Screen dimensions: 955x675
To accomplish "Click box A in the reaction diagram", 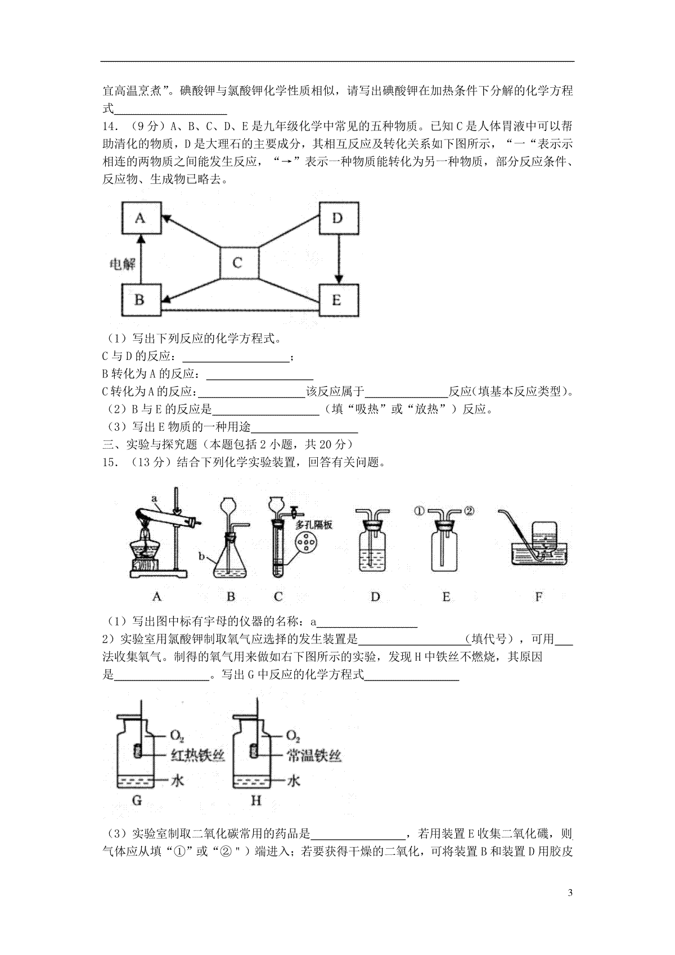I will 141,217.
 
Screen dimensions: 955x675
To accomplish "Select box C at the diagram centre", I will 238,263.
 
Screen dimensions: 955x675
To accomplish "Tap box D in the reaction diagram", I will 338,217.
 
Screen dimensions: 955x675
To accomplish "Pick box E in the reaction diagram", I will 338,300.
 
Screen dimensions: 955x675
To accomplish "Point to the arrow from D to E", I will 338,258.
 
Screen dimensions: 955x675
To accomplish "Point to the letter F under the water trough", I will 539,597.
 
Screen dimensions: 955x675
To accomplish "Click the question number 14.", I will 110,125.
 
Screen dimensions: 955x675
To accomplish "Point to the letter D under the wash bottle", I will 375,597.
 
